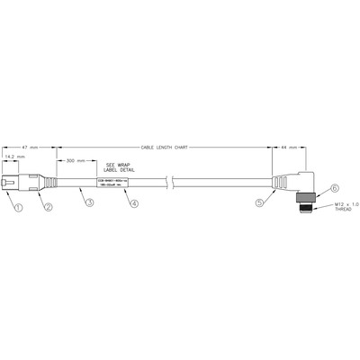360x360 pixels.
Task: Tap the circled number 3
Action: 89,203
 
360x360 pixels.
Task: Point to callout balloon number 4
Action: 134,203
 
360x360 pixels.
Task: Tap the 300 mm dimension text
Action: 76,162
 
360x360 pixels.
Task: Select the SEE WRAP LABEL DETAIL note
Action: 121,167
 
